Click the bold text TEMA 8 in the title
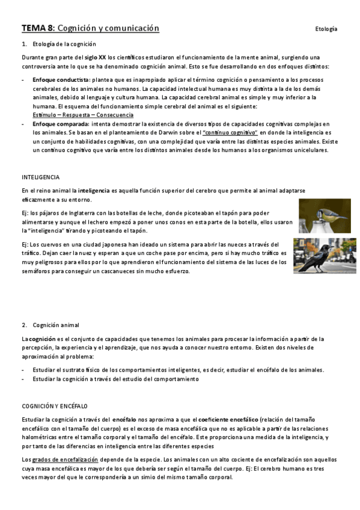pyautogui.click(x=38, y=28)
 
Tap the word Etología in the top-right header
pyautogui.click(x=326, y=29)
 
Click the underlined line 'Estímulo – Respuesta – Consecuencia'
pyautogui.click(x=83, y=115)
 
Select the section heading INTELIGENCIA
pyautogui.click(x=40, y=177)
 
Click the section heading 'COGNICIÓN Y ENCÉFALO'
pyautogui.click(x=55, y=406)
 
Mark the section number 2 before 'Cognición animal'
pyautogui.click(x=24, y=325)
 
